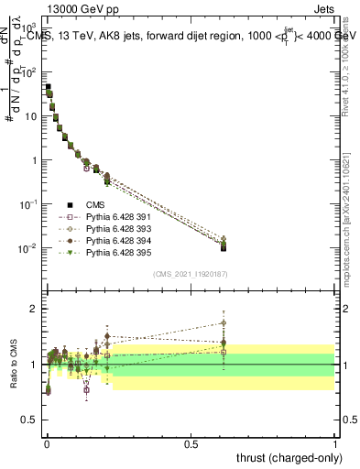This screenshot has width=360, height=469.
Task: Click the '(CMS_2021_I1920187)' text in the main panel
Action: point(190,274)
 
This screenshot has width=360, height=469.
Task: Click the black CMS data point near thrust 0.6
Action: point(224,246)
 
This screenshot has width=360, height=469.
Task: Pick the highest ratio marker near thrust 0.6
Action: point(224,322)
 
